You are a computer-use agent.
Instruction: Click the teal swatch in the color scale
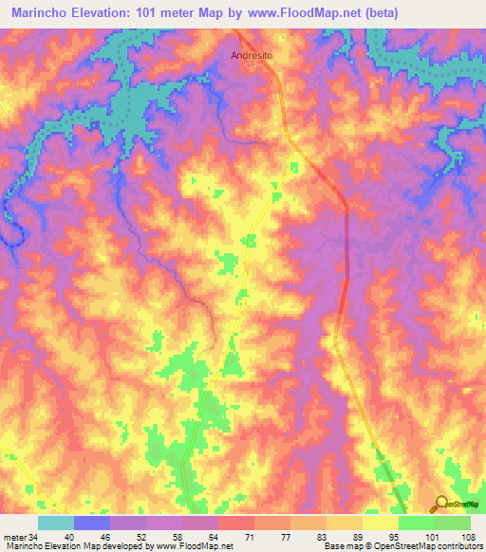point(56,523)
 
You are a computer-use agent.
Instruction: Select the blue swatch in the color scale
point(92,523)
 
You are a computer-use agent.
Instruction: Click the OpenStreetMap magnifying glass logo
point(441,505)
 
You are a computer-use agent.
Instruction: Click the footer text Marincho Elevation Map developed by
point(76,546)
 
